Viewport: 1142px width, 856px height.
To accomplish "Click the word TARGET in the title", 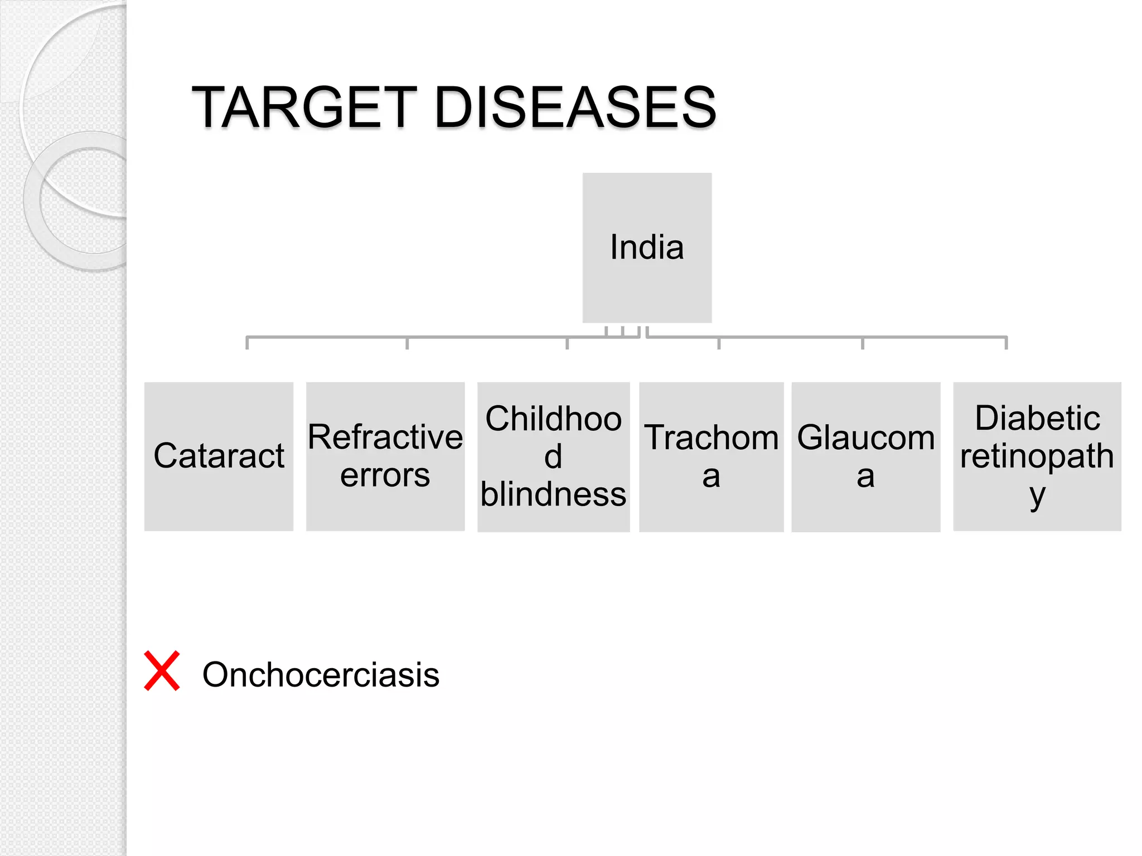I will coord(304,107).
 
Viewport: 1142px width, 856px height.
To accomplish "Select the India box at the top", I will coord(647,247).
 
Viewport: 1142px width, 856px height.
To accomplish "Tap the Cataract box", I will coord(219,456).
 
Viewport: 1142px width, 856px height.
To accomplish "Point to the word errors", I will coord(385,475).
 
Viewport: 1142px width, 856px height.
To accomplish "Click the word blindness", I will coord(553,494).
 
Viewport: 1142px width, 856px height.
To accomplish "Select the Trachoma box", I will coord(711,456).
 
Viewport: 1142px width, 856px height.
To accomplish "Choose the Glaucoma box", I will coord(865,456).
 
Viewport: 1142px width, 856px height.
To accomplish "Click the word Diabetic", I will coord(1037,418).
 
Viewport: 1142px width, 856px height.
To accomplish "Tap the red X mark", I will coord(162,671).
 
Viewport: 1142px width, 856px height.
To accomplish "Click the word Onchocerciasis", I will coord(321,675).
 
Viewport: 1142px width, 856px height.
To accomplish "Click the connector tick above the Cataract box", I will coord(247,342).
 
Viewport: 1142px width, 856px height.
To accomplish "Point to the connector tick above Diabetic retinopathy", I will coord(1006,342).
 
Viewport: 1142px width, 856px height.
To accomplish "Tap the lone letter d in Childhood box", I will coord(553,456).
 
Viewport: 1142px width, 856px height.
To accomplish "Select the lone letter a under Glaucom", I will coord(865,476).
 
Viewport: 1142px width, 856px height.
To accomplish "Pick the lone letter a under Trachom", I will coord(711,476).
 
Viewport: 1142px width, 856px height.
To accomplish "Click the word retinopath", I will coord(1037,456).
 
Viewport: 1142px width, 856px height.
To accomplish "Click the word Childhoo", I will coord(553,419).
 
